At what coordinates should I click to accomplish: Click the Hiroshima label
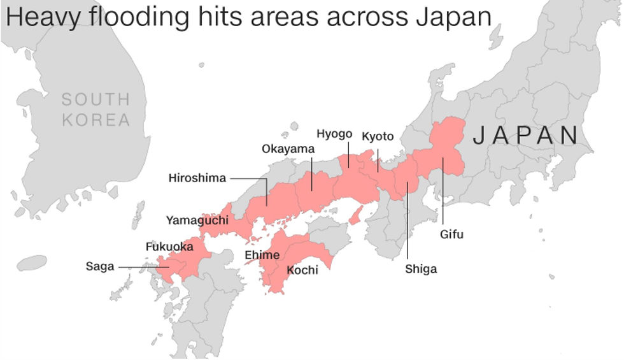tap(197, 178)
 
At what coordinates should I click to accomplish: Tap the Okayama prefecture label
tap(288, 149)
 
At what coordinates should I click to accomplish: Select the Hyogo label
tap(334, 134)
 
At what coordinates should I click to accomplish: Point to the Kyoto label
tap(378, 137)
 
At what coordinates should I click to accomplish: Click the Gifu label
tap(451, 234)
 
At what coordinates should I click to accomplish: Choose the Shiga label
tap(421, 269)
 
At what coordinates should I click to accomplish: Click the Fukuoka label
tap(169, 246)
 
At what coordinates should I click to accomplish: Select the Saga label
tap(100, 266)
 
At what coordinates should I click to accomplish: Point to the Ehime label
tap(262, 256)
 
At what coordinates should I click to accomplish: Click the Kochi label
tap(302, 270)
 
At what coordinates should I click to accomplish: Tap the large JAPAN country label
tap(526, 135)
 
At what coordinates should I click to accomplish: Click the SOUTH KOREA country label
tap(96, 109)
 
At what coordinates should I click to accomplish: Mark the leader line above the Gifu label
tap(443, 191)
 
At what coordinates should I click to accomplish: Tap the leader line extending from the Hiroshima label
tap(248, 178)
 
